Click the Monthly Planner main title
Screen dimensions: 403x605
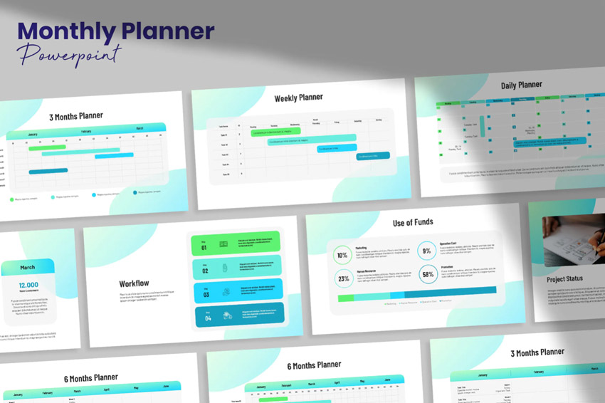[116, 31]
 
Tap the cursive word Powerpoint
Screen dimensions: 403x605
[70, 55]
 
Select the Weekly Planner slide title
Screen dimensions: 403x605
[298, 97]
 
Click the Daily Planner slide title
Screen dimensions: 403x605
[521, 85]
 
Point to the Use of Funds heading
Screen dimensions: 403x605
[413, 222]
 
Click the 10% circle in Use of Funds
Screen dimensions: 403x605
[343, 255]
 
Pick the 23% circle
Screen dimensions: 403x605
[344, 278]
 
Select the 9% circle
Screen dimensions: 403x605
[427, 251]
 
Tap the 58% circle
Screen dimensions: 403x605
[428, 274]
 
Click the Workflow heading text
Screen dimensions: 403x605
[134, 283]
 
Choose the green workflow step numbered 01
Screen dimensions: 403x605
[236, 244]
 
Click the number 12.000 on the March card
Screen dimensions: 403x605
[28, 285]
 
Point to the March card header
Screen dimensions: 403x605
[27, 267]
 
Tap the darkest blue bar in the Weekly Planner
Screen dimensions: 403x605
[373, 156]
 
